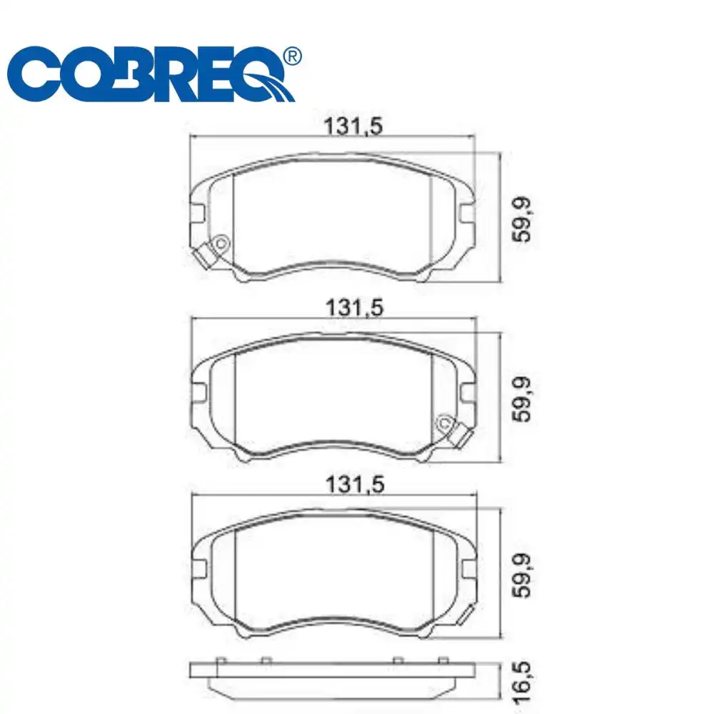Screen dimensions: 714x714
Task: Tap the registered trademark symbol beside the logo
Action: (x=292, y=56)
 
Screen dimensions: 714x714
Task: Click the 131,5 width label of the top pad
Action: (x=354, y=126)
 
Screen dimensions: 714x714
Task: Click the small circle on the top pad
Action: (x=221, y=244)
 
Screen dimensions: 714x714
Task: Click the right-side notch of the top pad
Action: (x=467, y=213)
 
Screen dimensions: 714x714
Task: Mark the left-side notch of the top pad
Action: (x=198, y=213)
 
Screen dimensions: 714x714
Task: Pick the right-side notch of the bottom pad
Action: (x=468, y=570)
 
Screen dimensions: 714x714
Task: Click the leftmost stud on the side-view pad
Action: (x=220, y=660)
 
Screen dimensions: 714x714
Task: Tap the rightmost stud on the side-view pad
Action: (x=443, y=660)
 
